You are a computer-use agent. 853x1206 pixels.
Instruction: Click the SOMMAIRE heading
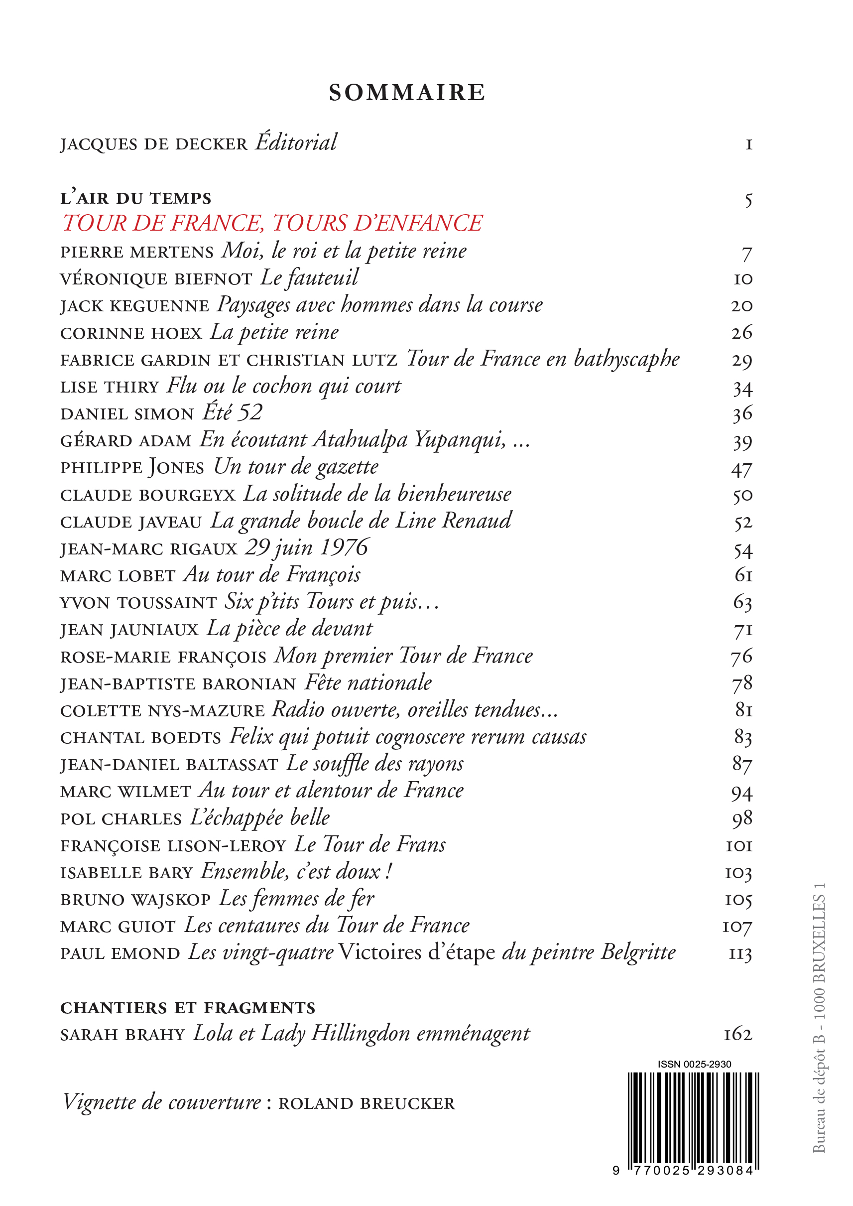pyautogui.click(x=407, y=93)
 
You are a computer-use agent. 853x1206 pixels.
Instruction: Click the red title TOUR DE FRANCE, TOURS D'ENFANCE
pyautogui.click(x=272, y=223)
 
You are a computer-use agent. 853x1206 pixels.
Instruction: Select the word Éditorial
pyautogui.click(x=296, y=143)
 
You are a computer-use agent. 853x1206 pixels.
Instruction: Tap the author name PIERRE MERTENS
pyautogui.click(x=136, y=253)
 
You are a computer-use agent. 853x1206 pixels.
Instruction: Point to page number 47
pyautogui.click(x=741, y=469)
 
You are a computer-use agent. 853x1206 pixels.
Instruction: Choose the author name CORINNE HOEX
pyautogui.click(x=131, y=334)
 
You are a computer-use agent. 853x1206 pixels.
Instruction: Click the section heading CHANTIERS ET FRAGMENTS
pyautogui.click(x=188, y=1008)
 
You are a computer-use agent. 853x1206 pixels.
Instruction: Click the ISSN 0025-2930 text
pyautogui.click(x=694, y=1064)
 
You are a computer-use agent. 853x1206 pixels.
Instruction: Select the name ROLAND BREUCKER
pyautogui.click(x=366, y=1103)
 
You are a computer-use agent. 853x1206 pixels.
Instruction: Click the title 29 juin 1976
pyautogui.click(x=307, y=548)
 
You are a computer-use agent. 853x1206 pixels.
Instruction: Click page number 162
pyautogui.click(x=738, y=1035)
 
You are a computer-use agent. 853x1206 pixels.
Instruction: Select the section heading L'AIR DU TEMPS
pyautogui.click(x=135, y=199)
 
